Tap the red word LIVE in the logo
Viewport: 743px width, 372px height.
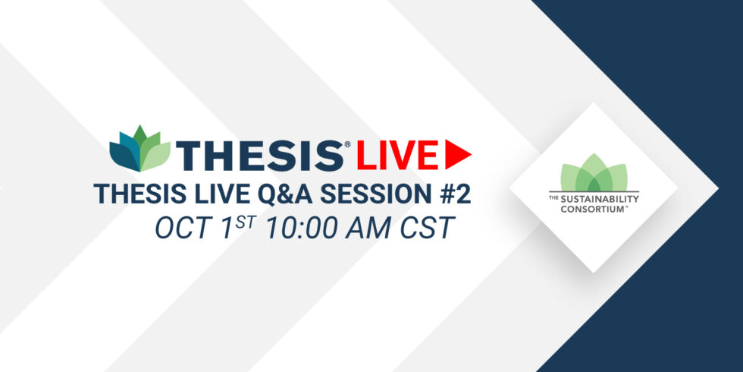[397, 156]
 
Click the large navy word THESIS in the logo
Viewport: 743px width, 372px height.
[260, 156]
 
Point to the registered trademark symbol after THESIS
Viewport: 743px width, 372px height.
[347, 144]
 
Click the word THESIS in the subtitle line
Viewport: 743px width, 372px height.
[133, 194]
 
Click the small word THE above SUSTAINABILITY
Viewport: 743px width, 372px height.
[553, 197]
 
